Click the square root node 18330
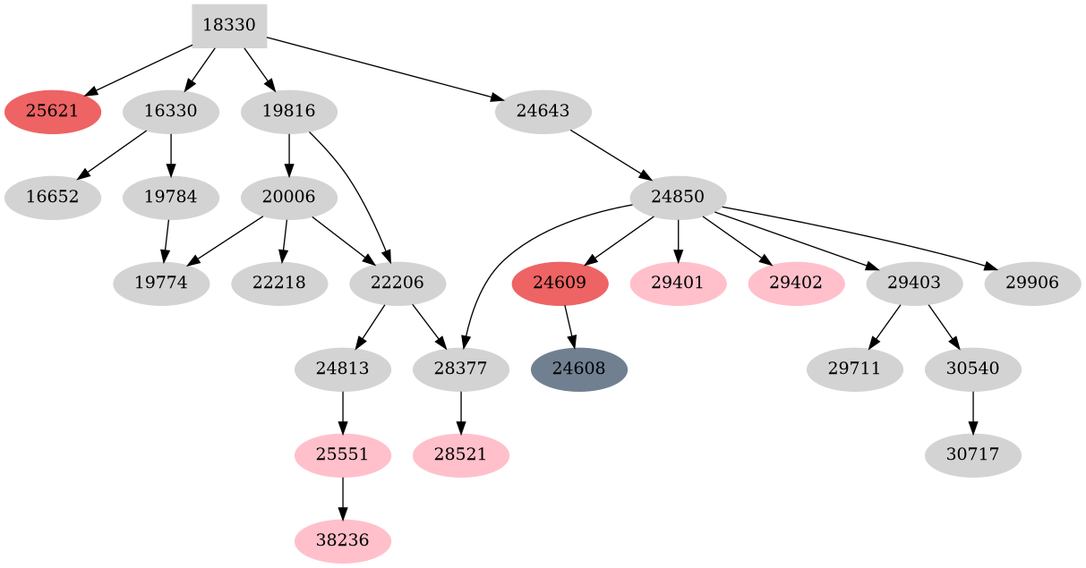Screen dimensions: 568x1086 point(229,26)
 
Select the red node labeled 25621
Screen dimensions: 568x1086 point(52,112)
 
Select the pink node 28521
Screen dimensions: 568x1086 point(460,455)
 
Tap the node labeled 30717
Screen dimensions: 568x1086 point(972,455)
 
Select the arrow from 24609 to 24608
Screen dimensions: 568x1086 point(569,326)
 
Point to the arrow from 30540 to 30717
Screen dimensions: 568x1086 point(972,412)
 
